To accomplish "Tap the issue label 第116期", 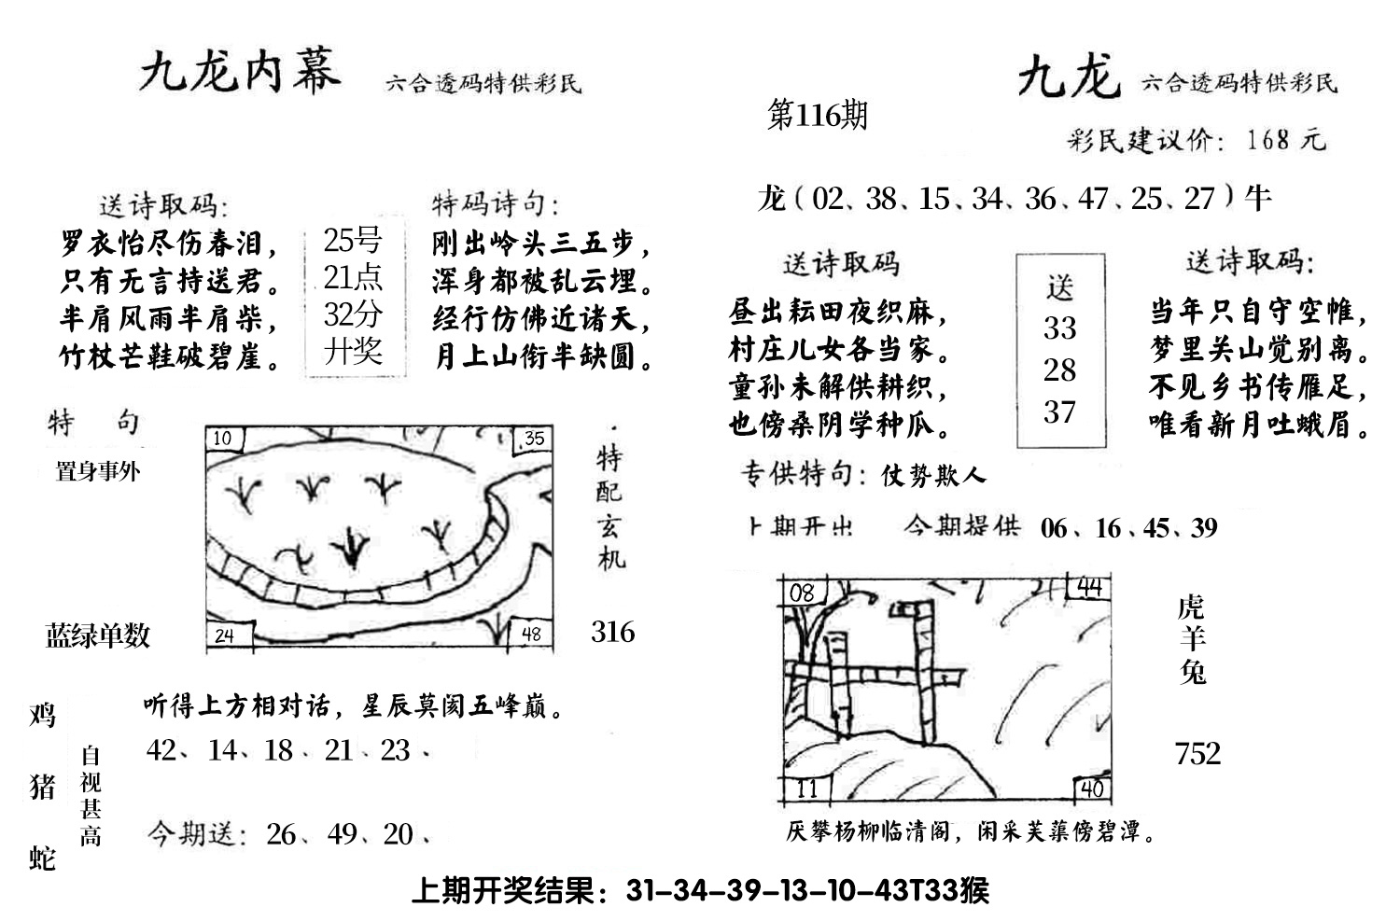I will (x=817, y=116).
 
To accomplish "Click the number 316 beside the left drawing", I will (x=612, y=633).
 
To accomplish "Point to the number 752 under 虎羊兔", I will (x=1197, y=753).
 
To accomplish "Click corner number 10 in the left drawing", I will (x=223, y=439).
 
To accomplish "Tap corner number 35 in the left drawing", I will (x=533, y=439).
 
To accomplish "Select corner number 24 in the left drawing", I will (x=224, y=636).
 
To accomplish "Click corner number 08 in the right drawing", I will (x=801, y=593).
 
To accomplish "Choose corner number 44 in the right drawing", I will (x=1089, y=588).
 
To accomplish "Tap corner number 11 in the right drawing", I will (x=805, y=788).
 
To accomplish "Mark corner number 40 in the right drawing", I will (x=1090, y=789).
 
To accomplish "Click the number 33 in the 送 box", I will (x=1059, y=328).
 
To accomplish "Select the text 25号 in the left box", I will (x=352, y=241).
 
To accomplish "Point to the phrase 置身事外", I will (x=98, y=471).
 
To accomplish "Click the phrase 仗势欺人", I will (x=933, y=477).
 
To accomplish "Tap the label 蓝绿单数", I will (x=98, y=636).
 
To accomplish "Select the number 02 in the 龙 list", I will (x=827, y=199).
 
